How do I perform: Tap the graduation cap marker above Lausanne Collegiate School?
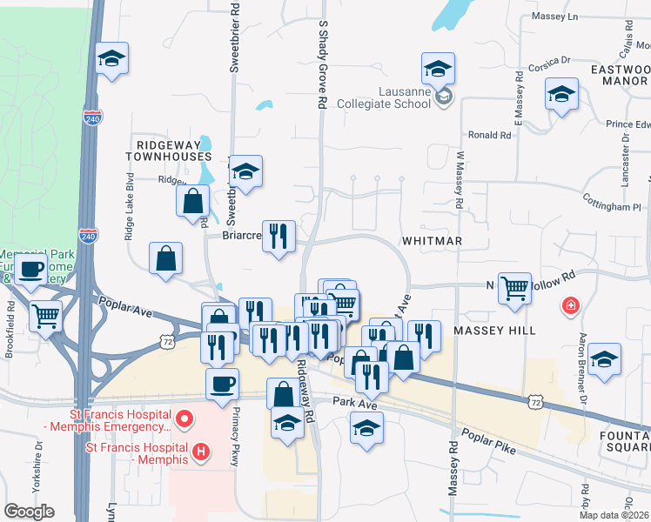click(x=438, y=69)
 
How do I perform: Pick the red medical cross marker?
click(x=570, y=306)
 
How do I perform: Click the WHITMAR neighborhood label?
click(x=432, y=240)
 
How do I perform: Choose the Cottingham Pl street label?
click(x=612, y=206)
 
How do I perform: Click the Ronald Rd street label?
click(x=489, y=135)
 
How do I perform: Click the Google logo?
click(x=29, y=512)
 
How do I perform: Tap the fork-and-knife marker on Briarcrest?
click(x=279, y=235)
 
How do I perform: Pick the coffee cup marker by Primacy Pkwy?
click(x=222, y=384)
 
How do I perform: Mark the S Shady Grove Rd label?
click(x=322, y=65)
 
